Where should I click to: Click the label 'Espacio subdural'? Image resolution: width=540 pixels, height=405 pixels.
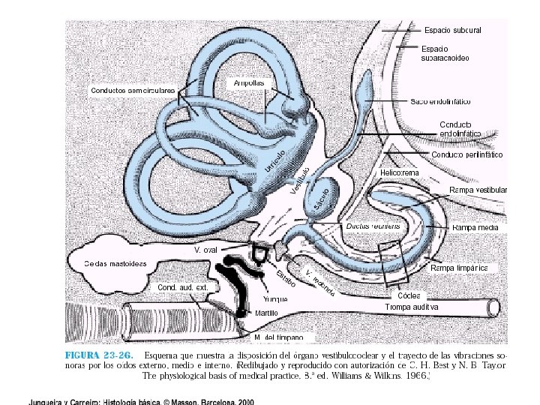click(452, 30)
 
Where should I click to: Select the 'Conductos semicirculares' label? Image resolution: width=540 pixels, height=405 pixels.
click(133, 91)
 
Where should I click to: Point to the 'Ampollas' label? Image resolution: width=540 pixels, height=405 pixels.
click(248, 82)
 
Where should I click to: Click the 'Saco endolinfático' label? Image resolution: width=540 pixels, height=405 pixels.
click(450, 100)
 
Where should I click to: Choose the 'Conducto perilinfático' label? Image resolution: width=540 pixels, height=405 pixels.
click(466, 154)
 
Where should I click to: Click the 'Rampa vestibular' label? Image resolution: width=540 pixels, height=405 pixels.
click(478, 190)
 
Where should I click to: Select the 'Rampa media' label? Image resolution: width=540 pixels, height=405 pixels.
click(475, 226)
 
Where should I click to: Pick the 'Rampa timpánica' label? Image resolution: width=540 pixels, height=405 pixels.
click(460, 268)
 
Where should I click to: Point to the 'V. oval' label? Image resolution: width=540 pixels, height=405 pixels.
click(206, 248)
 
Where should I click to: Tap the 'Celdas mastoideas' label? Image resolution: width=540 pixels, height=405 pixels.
click(115, 263)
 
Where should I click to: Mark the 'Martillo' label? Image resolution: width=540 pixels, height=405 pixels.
click(266, 312)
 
